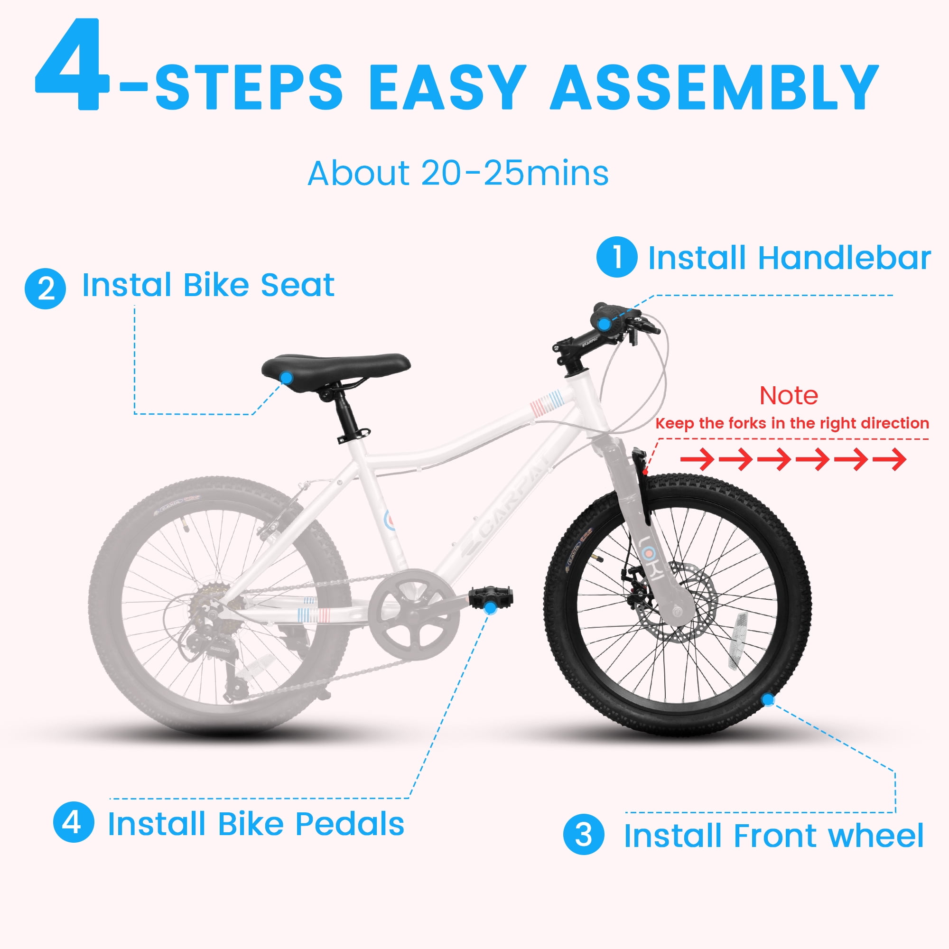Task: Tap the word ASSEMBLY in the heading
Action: click(714, 87)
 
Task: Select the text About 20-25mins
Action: click(458, 173)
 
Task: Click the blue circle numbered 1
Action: click(617, 256)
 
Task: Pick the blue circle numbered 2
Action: click(45, 288)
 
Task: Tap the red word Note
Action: click(789, 395)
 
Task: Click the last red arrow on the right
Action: click(890, 459)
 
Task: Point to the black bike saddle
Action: click(336, 367)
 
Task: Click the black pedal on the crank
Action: click(491, 597)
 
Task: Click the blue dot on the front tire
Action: click(768, 699)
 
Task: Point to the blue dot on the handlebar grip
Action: click(605, 324)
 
